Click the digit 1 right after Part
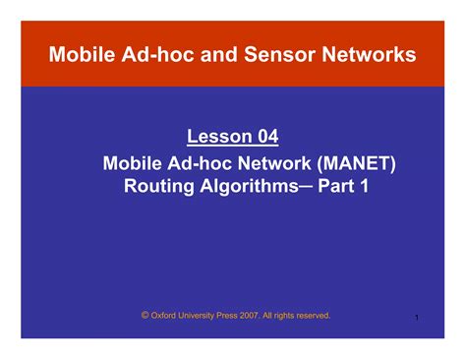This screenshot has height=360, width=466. pos(364,184)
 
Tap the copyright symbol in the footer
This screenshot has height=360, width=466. pos(145,315)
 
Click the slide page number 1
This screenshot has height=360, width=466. pos(418,318)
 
